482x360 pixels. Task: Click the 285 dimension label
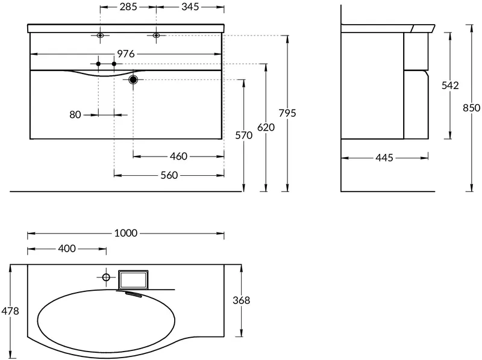pos(128,7)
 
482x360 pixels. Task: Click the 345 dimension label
pos(190,7)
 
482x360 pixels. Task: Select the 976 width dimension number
pos(126,54)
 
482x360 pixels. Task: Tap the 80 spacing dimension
pos(75,115)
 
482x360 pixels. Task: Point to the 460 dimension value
pos(178,157)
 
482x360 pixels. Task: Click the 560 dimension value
pos(169,175)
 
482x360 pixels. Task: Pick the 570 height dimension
pos(244,135)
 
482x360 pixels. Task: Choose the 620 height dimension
pos(266,127)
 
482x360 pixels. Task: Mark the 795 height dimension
pos(287,113)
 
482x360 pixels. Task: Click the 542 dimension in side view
pos(450,85)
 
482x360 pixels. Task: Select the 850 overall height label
pos(472,108)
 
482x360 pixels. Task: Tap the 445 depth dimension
pos(384,158)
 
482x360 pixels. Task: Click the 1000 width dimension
pos(126,234)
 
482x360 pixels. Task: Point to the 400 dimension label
pos(67,249)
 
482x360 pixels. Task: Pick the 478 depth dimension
pos(10,311)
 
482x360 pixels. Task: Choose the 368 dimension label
pos(242,300)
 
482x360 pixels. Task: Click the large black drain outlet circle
pos(133,80)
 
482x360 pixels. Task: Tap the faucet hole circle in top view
pos(106,278)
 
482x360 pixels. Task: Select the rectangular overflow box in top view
pos(133,280)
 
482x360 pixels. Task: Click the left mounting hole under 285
pos(100,36)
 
